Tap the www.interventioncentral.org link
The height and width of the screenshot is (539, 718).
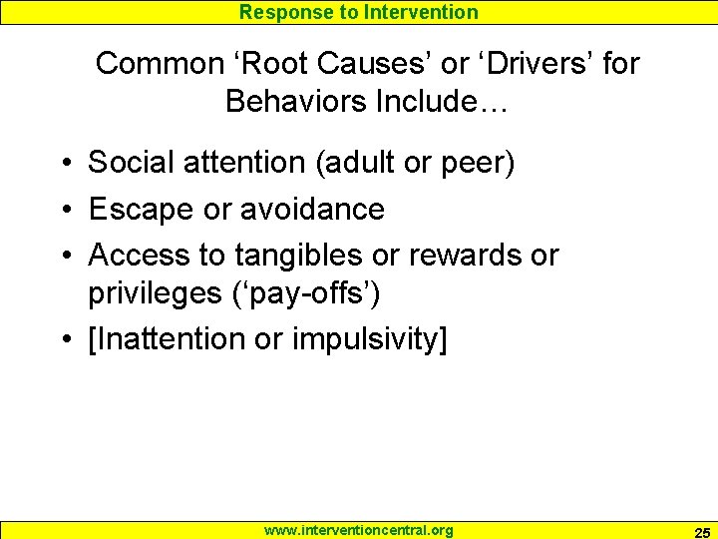(x=358, y=530)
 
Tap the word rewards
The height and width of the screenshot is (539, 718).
(x=468, y=256)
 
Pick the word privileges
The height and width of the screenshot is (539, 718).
(x=158, y=293)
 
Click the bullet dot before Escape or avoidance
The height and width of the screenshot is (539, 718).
(x=63, y=210)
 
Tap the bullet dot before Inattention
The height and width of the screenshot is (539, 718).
(x=63, y=340)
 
